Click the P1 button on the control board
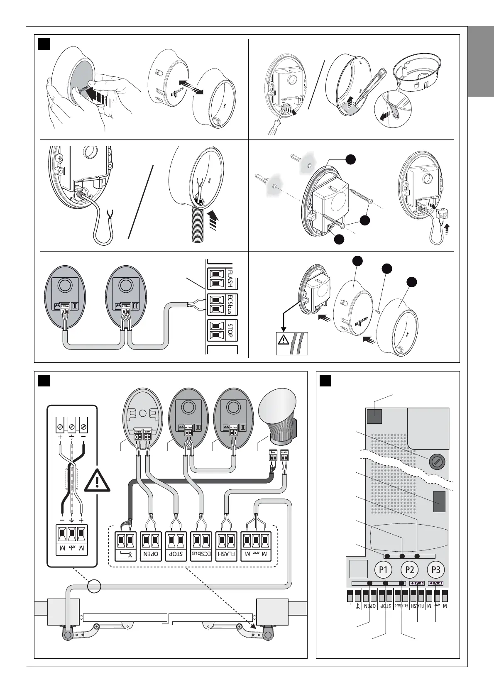click(383, 569)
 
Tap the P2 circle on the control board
click(410, 569)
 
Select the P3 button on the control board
click(436, 569)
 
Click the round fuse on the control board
click(435, 461)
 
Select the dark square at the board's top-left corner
click(374, 416)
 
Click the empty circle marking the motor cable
click(94, 586)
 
